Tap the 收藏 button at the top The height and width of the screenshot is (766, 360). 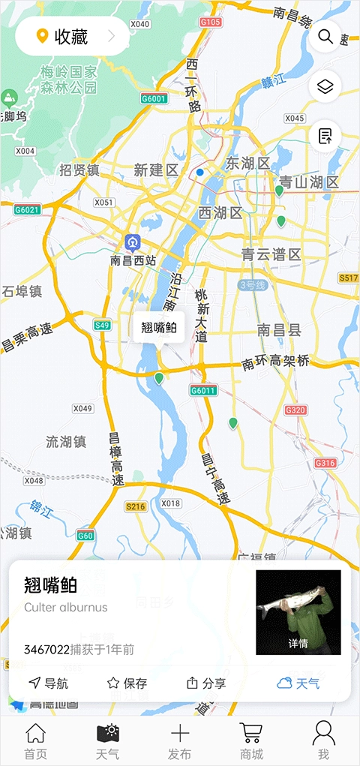pos(71,36)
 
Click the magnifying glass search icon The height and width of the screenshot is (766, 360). pos(325,37)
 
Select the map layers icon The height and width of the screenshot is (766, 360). pos(325,86)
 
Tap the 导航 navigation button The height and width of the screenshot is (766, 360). pos(48,683)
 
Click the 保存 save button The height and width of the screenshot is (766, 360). pos(127,683)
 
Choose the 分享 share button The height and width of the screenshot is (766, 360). pos(205,683)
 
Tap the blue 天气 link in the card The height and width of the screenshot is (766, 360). pos(298,683)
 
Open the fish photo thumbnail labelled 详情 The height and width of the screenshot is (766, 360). pos(298,612)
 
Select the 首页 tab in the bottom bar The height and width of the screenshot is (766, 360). pos(35,740)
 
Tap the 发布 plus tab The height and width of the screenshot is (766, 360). pos(180,740)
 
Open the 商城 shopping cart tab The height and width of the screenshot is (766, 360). pos(251,740)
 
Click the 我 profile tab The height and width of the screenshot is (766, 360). pos(323,740)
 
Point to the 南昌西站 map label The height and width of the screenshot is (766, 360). pos(133,260)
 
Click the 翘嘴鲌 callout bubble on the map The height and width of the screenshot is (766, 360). pos(159,328)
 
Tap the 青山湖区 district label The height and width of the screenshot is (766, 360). pos(309,182)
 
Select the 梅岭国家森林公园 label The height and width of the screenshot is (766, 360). pos(69,80)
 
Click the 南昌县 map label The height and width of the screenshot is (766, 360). pos(279,329)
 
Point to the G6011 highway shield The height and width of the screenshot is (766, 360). pos(202,390)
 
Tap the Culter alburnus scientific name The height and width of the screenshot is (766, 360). pos(66,607)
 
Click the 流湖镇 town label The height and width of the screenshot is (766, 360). pos(66,441)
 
